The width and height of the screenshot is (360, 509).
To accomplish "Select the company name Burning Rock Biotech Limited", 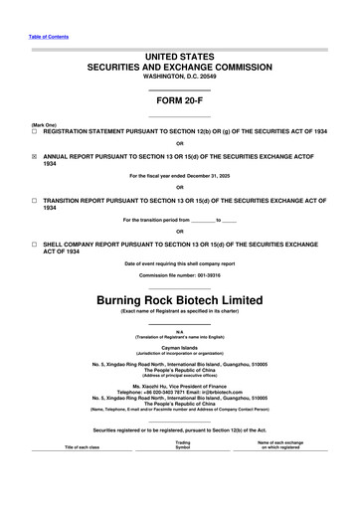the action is pyautogui.click(x=179, y=271).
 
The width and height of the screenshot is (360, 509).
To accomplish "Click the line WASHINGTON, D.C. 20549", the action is pyautogui.click(x=179, y=75).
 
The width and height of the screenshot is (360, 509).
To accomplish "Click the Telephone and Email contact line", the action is pyautogui.click(x=179, y=391).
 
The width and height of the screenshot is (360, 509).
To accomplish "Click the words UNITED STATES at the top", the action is pyautogui.click(x=179, y=50).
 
